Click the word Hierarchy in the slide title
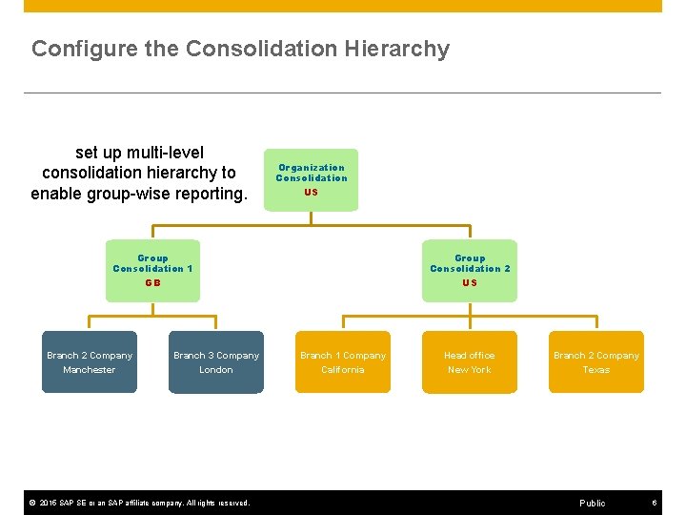coord(400,49)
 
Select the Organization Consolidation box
coord(312,178)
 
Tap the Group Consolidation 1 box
coord(152,270)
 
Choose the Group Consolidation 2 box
coord(470,270)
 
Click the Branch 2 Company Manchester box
coord(90,361)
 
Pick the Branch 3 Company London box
coord(216,361)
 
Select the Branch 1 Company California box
coord(343,361)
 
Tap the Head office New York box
coord(470,361)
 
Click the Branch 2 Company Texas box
coord(596,361)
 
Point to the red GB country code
coord(152,283)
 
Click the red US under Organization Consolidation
coord(312,192)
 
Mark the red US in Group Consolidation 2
coord(470,283)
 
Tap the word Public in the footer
coord(592,503)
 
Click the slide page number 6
coord(655,503)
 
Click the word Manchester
coord(90,370)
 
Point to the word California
coord(343,370)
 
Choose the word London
coord(216,370)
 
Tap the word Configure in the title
coord(72,49)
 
